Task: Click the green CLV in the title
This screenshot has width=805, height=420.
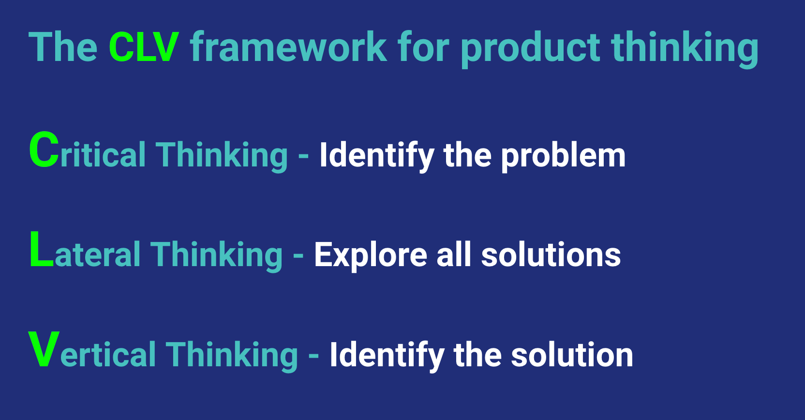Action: coord(144,47)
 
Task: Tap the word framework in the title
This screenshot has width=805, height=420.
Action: coord(288,47)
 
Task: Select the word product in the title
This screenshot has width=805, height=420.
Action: coord(530,48)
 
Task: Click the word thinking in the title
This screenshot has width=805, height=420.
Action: coord(685,48)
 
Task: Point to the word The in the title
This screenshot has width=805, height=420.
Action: coord(63,47)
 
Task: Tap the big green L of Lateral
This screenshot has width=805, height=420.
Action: coord(41,250)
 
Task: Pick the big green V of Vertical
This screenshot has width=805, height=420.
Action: coord(44,349)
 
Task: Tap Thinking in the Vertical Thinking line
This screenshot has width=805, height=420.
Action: coord(232,355)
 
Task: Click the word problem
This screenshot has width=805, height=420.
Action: coord(563,156)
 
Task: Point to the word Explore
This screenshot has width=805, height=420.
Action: coord(371,255)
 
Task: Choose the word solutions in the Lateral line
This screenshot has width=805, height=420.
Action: coord(551,255)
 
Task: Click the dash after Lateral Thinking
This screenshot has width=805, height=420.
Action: coord(298,255)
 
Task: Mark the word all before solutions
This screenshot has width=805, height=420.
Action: coord(454,255)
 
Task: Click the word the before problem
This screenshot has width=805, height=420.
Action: coord(467,155)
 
